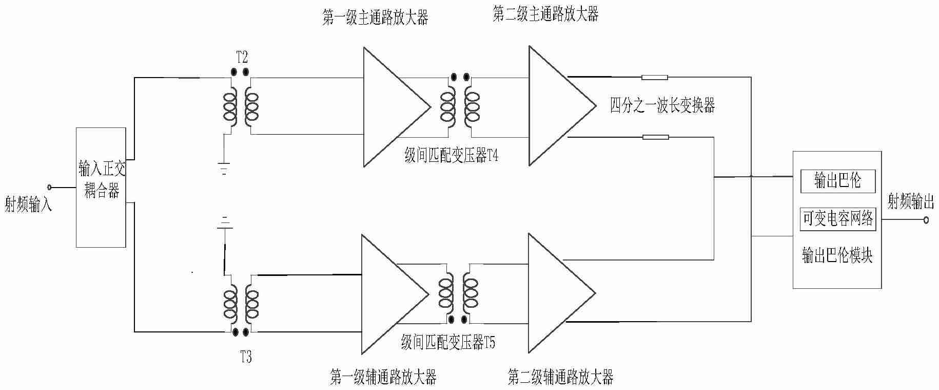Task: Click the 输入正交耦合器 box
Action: (101, 187)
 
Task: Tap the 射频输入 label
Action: (28, 205)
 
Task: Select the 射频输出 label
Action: (910, 202)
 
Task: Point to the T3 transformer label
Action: (246, 357)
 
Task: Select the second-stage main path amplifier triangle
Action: (557, 106)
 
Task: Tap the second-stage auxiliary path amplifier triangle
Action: (556, 293)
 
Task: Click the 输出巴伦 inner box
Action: (837, 181)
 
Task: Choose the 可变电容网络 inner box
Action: (837, 219)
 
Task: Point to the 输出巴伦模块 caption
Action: (837, 255)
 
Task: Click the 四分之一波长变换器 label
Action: (662, 105)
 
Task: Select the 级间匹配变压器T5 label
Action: (448, 343)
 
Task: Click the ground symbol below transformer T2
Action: (223, 169)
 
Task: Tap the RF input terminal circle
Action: (50, 187)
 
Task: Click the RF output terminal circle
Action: (926, 220)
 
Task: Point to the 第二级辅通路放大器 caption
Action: (560, 378)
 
